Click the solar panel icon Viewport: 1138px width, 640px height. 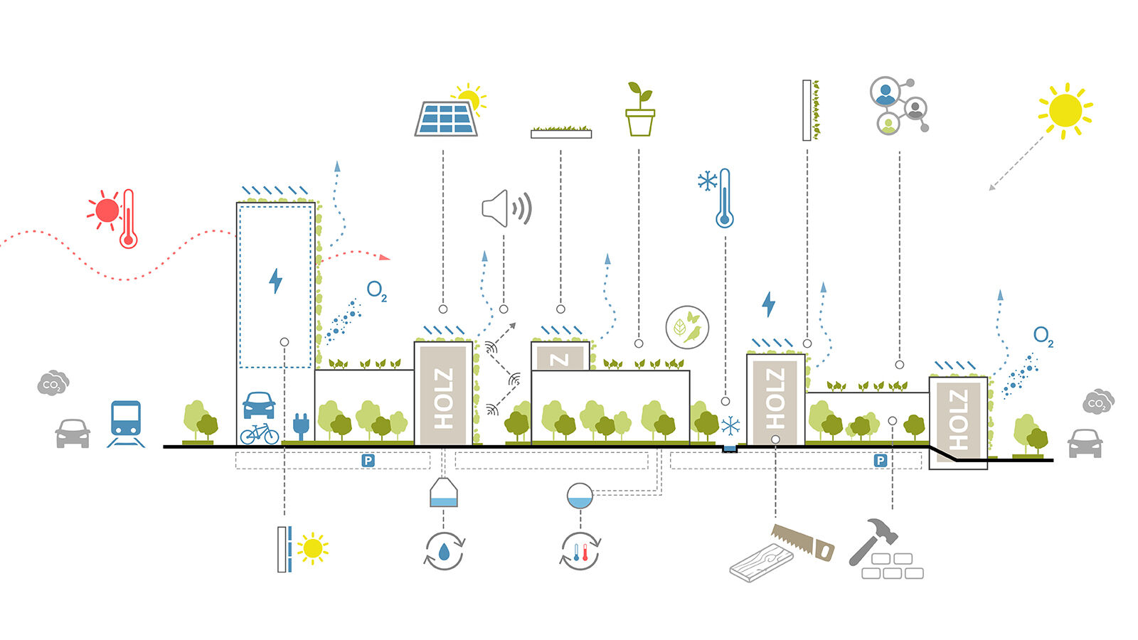click(x=446, y=119)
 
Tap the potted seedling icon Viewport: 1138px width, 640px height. click(x=640, y=109)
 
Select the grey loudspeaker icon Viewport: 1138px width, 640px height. click(x=506, y=208)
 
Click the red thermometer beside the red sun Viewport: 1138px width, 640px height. click(x=129, y=219)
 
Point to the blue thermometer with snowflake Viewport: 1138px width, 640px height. click(x=725, y=198)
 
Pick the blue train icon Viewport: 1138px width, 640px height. click(x=126, y=424)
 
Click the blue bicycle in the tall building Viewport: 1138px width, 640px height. click(x=259, y=433)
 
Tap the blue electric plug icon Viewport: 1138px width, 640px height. click(x=302, y=426)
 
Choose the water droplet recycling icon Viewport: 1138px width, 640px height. click(x=444, y=551)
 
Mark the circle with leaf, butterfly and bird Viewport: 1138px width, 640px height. click(x=687, y=327)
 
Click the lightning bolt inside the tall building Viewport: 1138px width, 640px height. click(x=275, y=281)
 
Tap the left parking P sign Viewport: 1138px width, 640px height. click(x=368, y=461)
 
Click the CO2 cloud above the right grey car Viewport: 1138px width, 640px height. click(x=1098, y=402)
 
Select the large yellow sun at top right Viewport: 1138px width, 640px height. click(x=1065, y=111)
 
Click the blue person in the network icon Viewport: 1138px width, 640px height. click(x=886, y=92)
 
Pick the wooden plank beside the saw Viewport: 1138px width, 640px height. click(x=761, y=562)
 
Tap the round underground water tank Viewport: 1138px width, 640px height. click(x=580, y=496)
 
